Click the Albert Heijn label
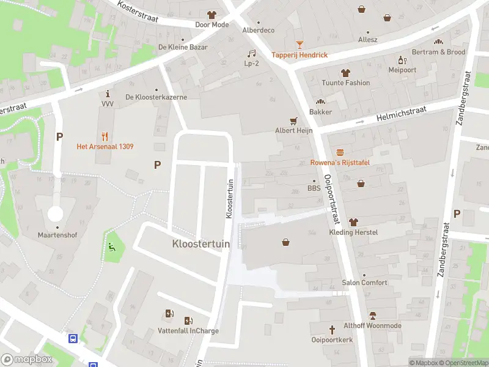coord(293,130)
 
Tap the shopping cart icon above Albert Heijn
coord(293,120)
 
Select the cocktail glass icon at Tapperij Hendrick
coord(300,45)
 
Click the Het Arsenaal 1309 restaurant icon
coord(105,136)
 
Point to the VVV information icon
coord(108,94)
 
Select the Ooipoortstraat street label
coord(331,199)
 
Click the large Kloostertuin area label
coord(201,243)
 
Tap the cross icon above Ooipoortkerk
coord(332,329)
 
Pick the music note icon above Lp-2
coord(251,53)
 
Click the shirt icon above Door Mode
coord(211,15)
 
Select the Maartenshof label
coord(56,234)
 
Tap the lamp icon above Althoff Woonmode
coord(372,316)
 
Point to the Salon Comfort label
coord(364,283)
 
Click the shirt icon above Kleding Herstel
coord(353,222)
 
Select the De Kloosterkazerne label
coord(156,97)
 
